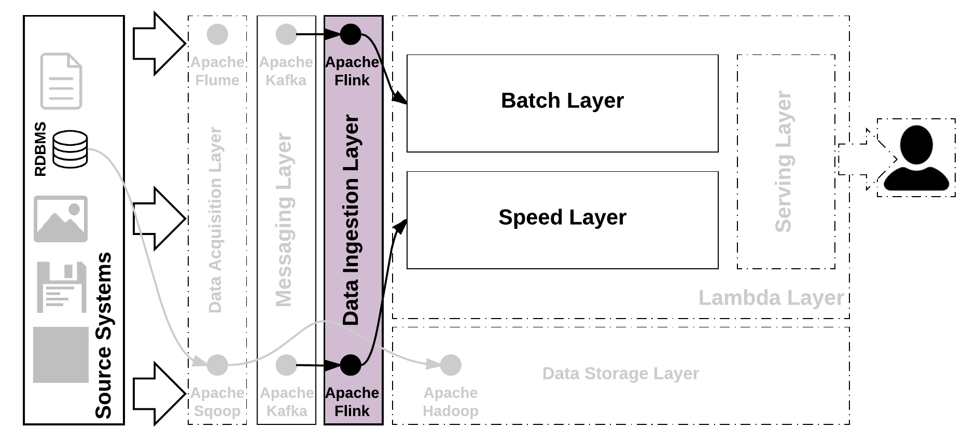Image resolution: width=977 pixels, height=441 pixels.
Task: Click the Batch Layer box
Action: pos(562,103)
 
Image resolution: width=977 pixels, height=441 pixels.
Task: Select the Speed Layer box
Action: pos(562,219)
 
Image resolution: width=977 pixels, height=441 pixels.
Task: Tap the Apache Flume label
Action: pos(217,71)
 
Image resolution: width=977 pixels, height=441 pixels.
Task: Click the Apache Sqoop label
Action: pos(217,402)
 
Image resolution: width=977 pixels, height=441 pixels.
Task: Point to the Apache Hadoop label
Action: pos(450,402)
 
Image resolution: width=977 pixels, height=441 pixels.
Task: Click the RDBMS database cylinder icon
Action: pos(71,149)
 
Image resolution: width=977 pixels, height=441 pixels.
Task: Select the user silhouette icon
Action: pos(916,158)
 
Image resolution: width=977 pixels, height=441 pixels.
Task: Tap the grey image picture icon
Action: pos(61,218)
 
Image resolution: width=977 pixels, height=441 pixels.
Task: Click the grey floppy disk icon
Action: pos(61,287)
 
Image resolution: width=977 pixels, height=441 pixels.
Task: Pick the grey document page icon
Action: pos(61,81)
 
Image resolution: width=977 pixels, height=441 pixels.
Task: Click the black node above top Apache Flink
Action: pos(351,35)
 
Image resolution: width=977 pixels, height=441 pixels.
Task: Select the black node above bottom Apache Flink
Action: pos(351,365)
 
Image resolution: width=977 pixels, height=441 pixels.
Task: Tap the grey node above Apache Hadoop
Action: pos(451,365)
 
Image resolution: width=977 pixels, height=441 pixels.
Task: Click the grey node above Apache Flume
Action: pos(217,35)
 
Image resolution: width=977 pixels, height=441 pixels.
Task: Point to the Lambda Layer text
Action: pos(771,298)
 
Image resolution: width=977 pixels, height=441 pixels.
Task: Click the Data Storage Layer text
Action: pos(620,374)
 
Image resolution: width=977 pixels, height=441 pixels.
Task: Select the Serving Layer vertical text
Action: pos(783,161)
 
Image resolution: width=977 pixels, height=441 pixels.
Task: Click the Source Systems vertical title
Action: pos(103,335)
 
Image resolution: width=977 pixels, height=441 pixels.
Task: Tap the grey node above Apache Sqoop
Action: pos(217,365)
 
